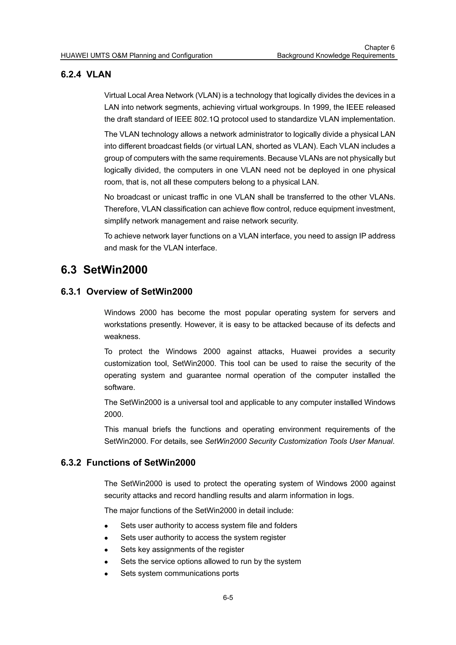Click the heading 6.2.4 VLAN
86,74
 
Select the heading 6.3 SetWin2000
104,270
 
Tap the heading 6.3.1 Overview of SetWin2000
126,292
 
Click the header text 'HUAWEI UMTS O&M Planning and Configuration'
136,56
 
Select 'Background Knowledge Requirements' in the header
336,56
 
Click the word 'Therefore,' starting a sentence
121,209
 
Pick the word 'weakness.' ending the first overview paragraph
122,337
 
